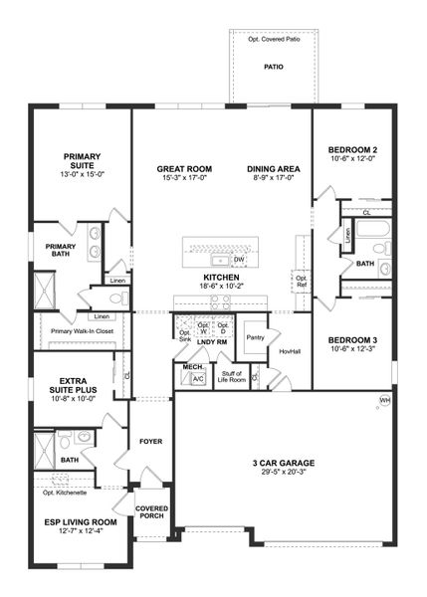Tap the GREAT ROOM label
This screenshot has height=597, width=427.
(x=179, y=169)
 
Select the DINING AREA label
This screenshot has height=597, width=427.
(x=271, y=169)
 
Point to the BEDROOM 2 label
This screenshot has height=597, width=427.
(x=355, y=149)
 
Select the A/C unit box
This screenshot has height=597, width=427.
(x=197, y=379)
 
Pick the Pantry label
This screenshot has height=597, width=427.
(x=254, y=338)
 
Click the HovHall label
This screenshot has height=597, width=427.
(x=289, y=351)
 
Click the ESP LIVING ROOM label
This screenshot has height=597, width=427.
(x=80, y=521)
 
